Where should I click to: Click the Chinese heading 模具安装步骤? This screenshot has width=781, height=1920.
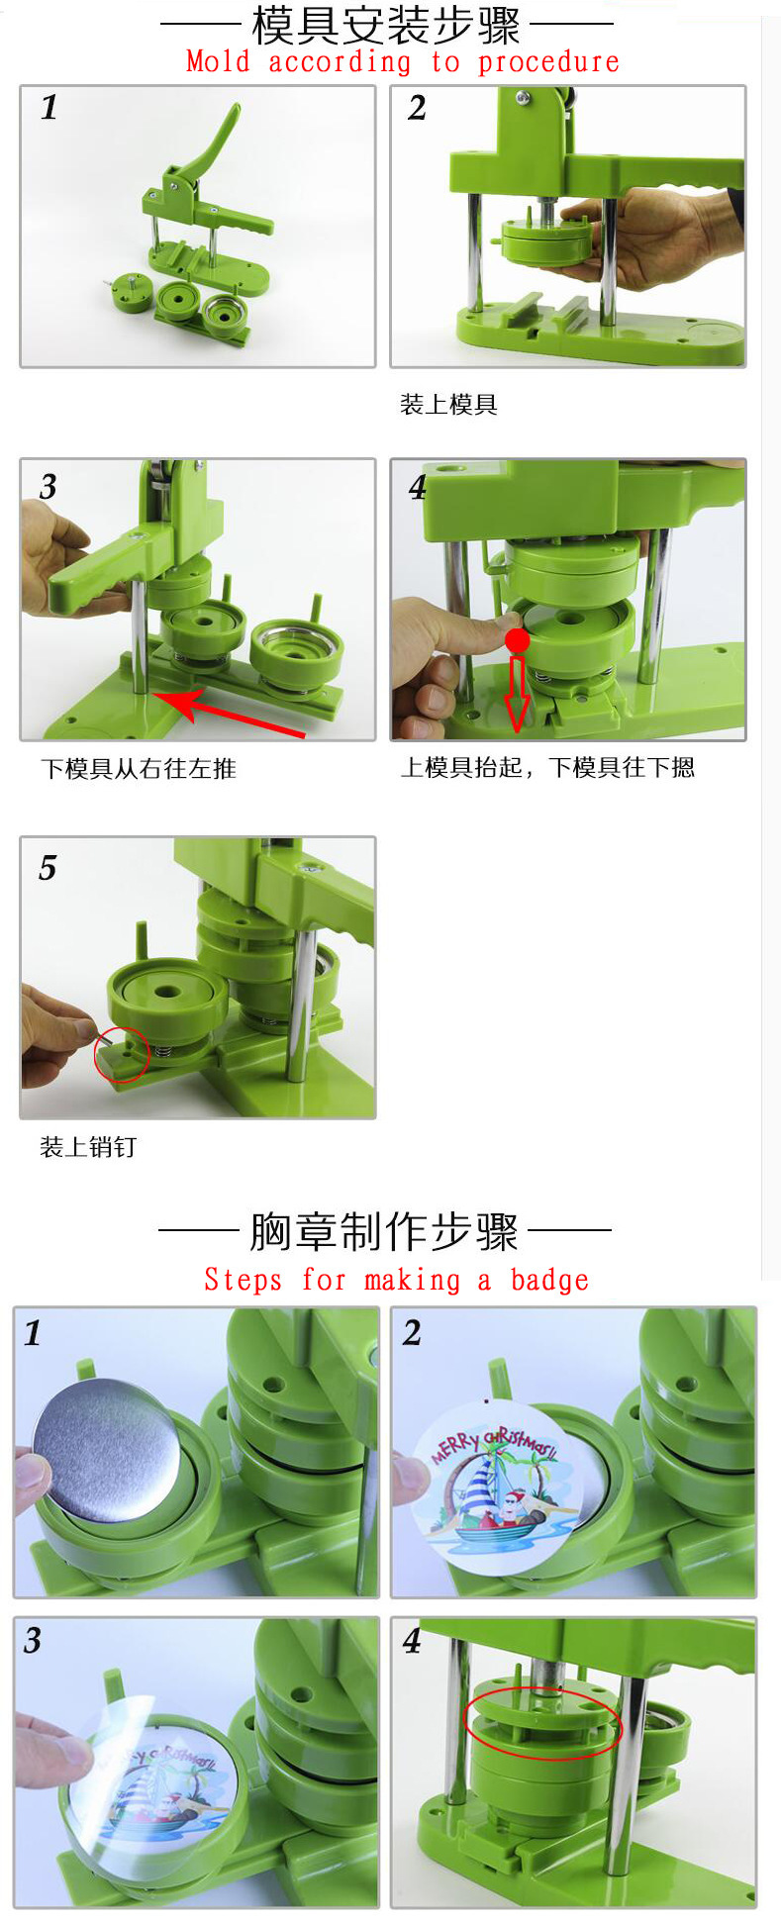coord(386,25)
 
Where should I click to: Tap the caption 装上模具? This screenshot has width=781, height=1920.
coord(447,404)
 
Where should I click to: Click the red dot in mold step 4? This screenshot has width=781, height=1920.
coord(517,641)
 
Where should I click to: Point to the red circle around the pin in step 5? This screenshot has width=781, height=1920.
coord(122,1054)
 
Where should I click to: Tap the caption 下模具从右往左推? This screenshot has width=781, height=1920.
coord(139,769)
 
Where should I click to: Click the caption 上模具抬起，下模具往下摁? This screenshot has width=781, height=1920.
coord(547,768)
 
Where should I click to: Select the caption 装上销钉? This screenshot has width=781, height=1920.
coord(88,1147)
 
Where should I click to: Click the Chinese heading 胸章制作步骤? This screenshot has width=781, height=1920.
coord(384,1232)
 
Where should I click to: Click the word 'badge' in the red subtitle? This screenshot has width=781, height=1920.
coord(549,1281)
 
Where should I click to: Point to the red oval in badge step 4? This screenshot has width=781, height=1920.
coord(542,1723)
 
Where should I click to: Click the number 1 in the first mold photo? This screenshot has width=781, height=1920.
coord(49,107)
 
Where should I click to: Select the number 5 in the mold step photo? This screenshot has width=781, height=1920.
coord(48,868)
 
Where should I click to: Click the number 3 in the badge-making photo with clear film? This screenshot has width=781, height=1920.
coord(33,1641)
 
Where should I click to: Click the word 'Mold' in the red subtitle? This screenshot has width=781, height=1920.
coord(218,62)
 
